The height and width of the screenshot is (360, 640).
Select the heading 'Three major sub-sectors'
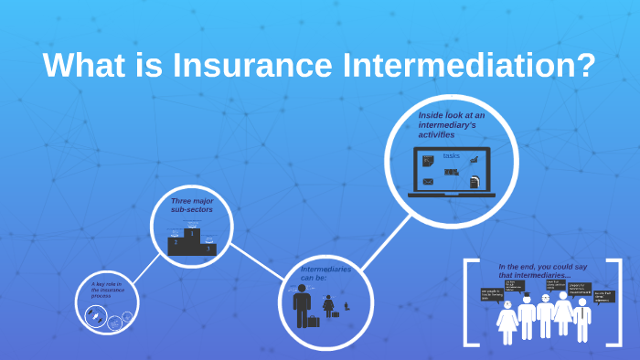pos(191,205)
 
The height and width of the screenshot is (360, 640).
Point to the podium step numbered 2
pos(175,244)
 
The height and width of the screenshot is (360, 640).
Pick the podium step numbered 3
pos(208,247)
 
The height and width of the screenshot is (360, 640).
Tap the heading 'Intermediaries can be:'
pos(325,273)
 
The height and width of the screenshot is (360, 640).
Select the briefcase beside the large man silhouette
pos(314,321)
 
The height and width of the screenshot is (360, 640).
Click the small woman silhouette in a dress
pos(328,306)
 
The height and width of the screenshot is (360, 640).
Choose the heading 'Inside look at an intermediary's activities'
pos(452,124)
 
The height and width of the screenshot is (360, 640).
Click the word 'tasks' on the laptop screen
pos(452,155)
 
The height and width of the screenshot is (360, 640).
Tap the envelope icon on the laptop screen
pos(428,182)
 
